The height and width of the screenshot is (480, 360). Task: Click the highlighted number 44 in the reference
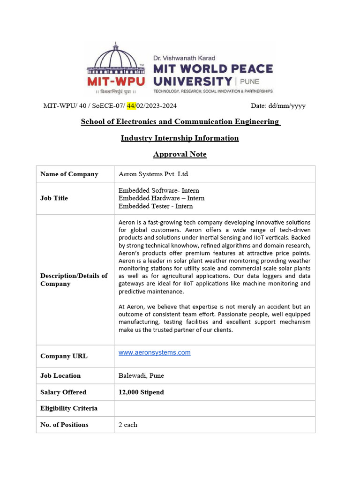(131, 105)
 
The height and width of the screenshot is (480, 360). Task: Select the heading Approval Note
(180, 154)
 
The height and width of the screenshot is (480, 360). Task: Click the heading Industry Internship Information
(180, 138)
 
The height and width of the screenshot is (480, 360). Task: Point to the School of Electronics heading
(180, 121)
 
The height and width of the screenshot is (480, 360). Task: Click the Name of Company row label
(69, 174)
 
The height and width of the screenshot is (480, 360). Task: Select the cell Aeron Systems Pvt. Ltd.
(154, 174)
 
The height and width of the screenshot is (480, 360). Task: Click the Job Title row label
(54, 198)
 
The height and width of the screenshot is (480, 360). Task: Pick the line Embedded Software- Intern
(158, 190)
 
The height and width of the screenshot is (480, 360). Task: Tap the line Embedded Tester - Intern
(155, 206)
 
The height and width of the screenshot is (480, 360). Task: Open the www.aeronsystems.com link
(154, 352)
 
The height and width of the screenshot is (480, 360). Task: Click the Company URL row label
(64, 356)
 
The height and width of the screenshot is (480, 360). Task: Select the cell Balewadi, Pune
(141, 375)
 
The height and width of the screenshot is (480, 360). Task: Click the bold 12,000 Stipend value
(141, 392)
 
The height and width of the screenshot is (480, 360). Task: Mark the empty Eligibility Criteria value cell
(214, 408)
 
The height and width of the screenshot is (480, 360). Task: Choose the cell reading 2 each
(128, 425)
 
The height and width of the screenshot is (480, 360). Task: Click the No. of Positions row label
(64, 425)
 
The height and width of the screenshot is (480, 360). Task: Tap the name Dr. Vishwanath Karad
(184, 58)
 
